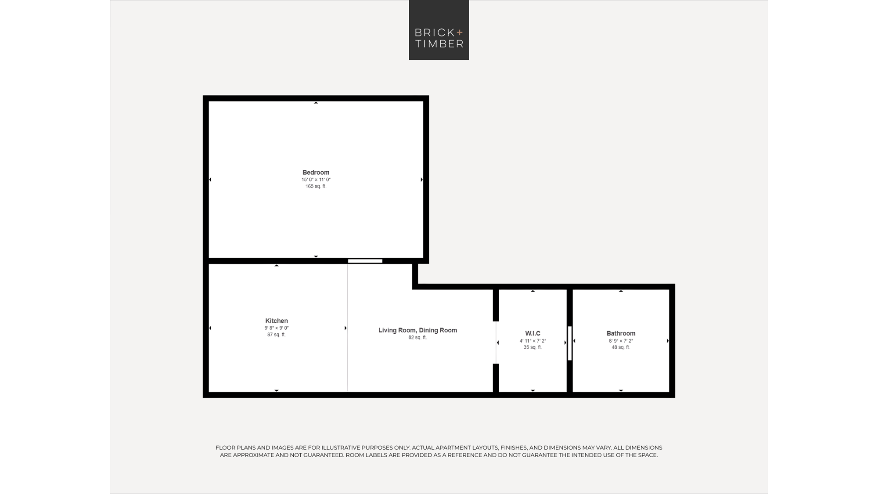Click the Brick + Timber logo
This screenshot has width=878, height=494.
tap(439, 30)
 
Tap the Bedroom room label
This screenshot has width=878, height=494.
tap(316, 173)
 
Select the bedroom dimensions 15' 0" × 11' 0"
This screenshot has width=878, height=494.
tap(316, 180)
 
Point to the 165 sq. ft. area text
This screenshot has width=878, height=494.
tap(316, 186)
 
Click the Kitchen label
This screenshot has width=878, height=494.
tap(277, 321)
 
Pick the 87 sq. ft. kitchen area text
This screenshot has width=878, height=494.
tap(277, 335)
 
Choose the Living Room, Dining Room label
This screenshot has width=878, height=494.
tap(417, 330)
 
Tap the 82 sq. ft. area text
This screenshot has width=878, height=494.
tap(417, 337)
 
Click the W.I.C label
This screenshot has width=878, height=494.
tap(533, 334)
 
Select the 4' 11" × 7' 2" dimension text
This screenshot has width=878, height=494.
tap(533, 341)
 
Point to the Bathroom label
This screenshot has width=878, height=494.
tap(621, 334)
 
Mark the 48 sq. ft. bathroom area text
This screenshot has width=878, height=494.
tap(621, 347)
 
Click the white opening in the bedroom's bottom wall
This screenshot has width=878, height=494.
tap(365, 261)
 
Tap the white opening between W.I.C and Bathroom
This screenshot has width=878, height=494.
tap(569, 343)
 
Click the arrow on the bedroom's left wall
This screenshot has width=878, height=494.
tap(210, 180)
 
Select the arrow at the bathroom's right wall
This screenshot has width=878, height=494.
tap(668, 341)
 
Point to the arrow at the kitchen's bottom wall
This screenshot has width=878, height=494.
tap(277, 390)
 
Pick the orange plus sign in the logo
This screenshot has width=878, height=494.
tap(460, 32)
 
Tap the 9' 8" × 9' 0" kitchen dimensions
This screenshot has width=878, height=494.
tap(277, 328)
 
